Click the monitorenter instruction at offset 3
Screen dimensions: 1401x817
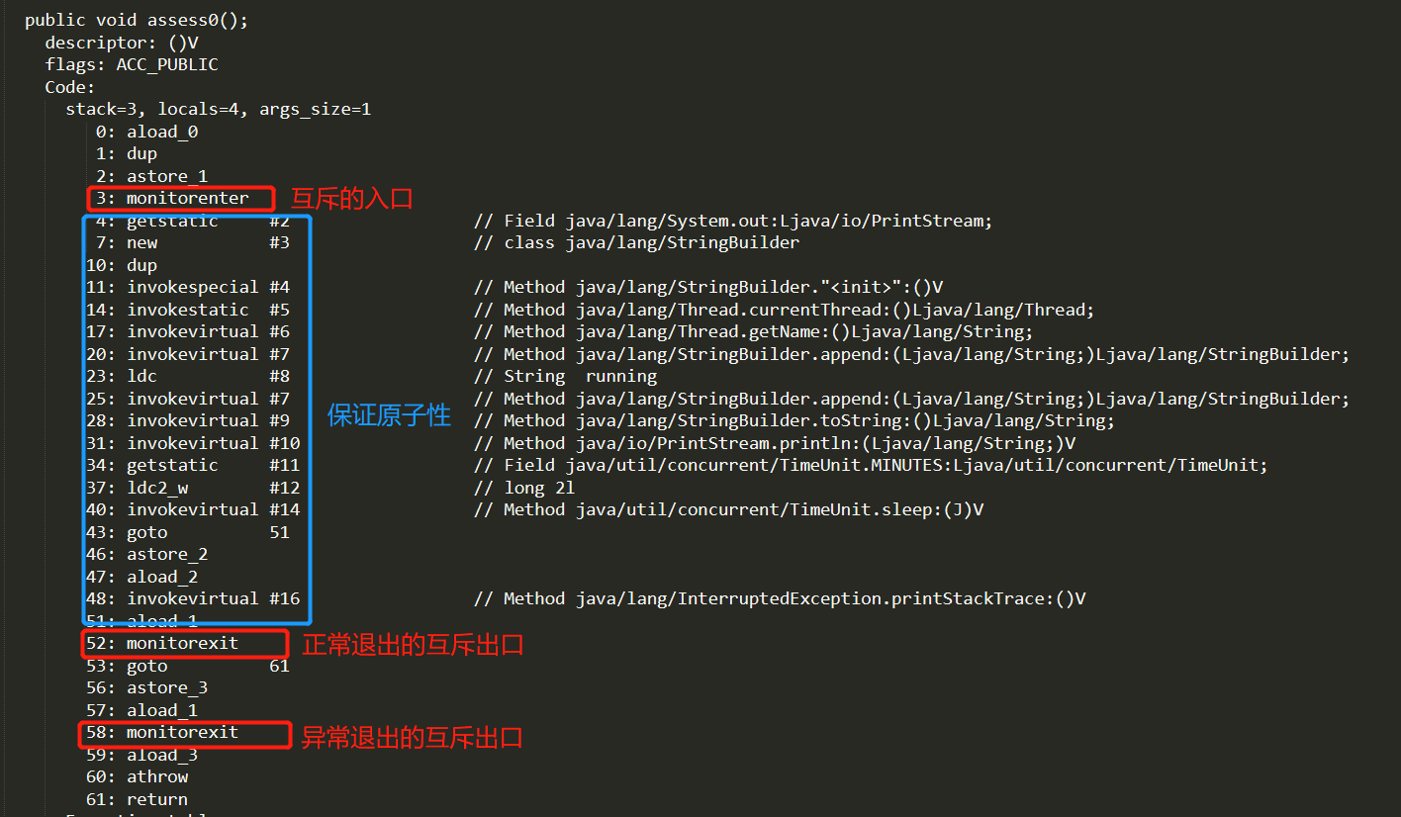pyautogui.click(x=187, y=198)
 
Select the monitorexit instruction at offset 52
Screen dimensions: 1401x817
pyautogui.click(x=182, y=643)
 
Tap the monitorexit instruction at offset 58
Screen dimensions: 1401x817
pyautogui.click(x=182, y=733)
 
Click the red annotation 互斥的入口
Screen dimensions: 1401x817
pyautogui.click(x=351, y=199)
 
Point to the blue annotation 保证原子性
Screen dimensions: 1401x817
pyautogui.click(x=389, y=415)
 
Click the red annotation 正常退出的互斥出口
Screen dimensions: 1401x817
pyautogui.click(x=413, y=645)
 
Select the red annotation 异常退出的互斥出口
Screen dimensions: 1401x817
pyautogui.click(x=412, y=738)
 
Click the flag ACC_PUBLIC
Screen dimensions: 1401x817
pyautogui.click(x=167, y=64)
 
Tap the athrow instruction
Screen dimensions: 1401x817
pyautogui.click(x=157, y=777)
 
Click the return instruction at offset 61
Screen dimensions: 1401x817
pyautogui.click(x=157, y=799)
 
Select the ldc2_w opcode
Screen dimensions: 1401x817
pyautogui.click(x=157, y=488)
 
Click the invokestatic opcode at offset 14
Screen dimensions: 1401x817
pyautogui.click(x=188, y=310)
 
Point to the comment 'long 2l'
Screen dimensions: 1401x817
pyautogui.click(x=539, y=488)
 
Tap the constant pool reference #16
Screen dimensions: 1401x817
pyautogui.click(x=285, y=598)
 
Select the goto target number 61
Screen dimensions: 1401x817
pyautogui.click(x=280, y=667)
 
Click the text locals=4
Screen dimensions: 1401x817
pyautogui.click(x=198, y=110)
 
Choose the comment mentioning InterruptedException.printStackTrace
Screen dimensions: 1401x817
pyautogui.click(x=780, y=598)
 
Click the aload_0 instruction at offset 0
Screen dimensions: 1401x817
pyautogui.click(x=162, y=132)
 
